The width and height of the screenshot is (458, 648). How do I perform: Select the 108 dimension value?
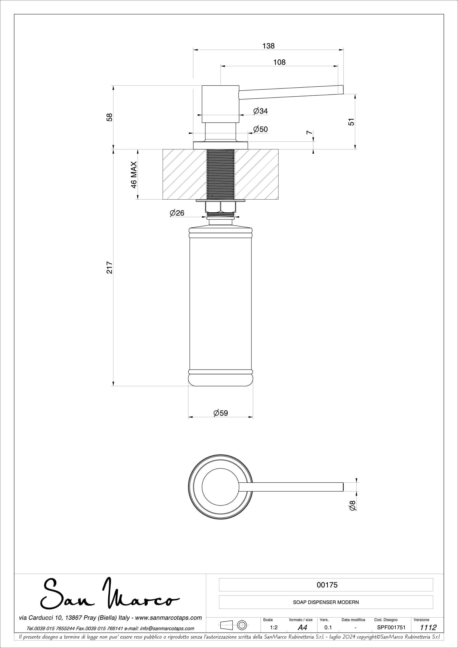tap(279, 62)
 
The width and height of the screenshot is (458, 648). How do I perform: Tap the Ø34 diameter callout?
tap(260, 111)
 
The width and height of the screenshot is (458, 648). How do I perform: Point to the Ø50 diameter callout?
tap(260, 129)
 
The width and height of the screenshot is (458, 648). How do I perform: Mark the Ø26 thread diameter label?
tap(177, 213)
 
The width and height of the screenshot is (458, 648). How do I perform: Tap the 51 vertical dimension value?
tap(351, 122)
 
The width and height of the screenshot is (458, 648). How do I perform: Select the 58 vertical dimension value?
tap(110, 117)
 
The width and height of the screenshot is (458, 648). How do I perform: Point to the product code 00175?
tap(327, 585)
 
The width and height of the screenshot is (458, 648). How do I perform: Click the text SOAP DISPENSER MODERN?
tap(326, 602)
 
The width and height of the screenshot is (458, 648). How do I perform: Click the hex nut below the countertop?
tap(221, 208)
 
